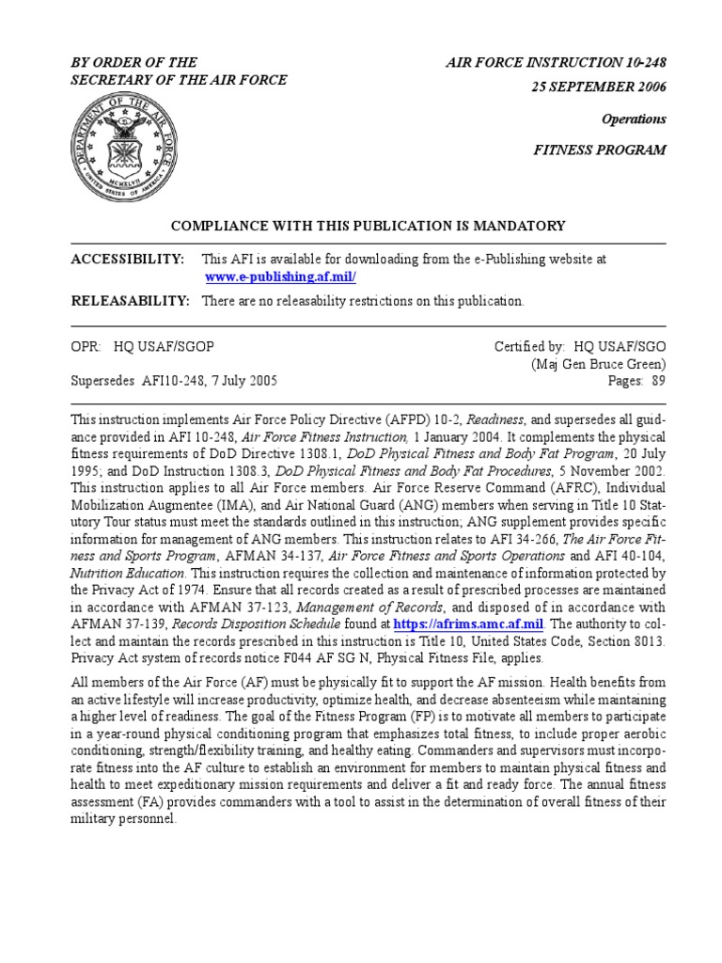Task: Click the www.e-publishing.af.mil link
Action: pos(280,277)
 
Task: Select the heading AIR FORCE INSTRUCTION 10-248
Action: pos(556,62)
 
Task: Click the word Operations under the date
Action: pos(634,119)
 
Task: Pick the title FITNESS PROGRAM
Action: pos(600,150)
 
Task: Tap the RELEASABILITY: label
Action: pos(131,301)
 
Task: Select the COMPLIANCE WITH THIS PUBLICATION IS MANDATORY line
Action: pos(367,226)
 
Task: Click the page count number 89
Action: pos(658,381)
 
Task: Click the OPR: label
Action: pos(86,346)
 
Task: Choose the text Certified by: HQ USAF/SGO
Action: pos(580,346)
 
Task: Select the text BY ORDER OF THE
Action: pos(134,62)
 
